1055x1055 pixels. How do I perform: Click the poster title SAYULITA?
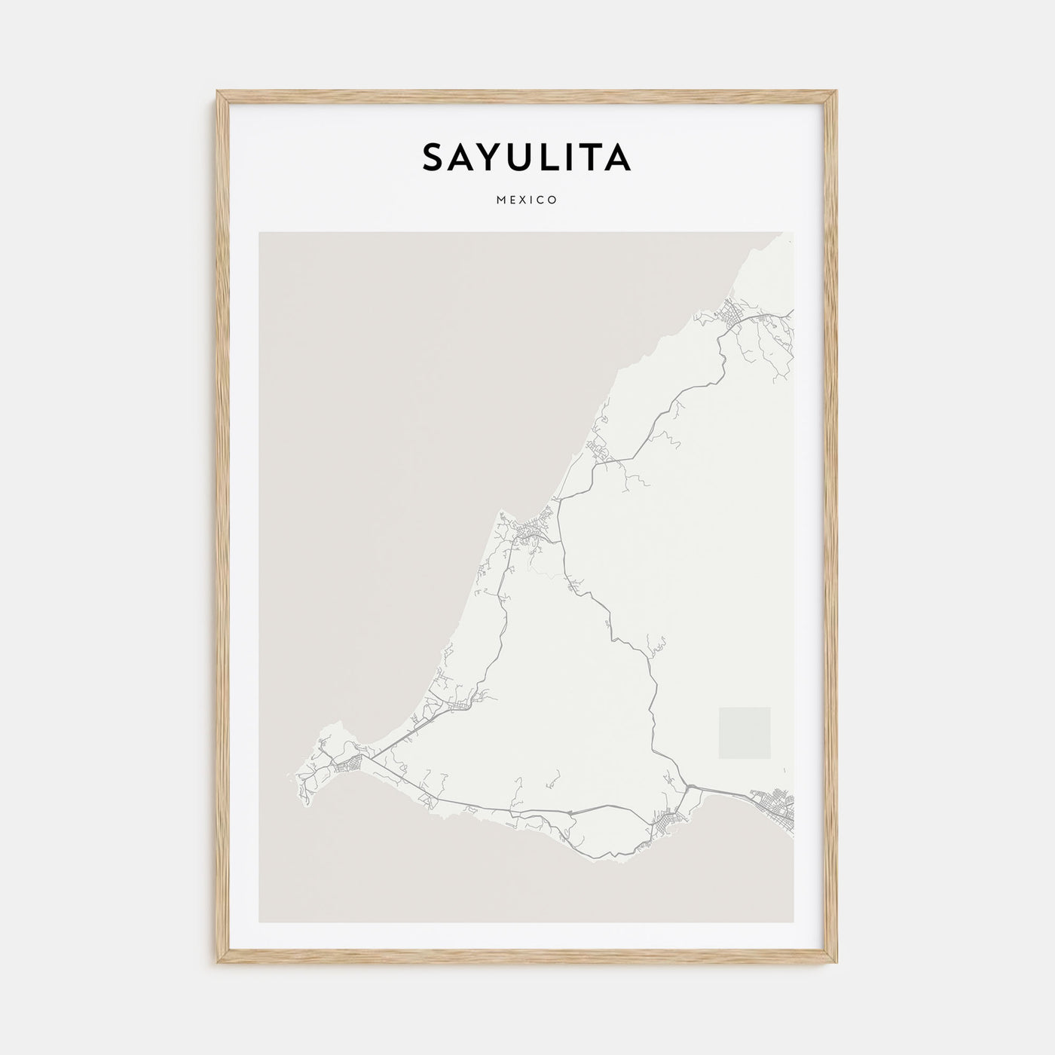click(527, 157)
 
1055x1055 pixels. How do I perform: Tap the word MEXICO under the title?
click(527, 200)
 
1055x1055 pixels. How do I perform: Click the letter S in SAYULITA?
click(434, 157)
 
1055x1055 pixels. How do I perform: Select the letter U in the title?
click(521, 157)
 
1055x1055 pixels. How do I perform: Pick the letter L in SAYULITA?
click(549, 157)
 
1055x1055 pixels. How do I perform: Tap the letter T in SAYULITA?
click(590, 157)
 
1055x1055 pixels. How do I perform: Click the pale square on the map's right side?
click(745, 732)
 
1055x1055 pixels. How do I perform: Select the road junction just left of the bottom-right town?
click(689, 787)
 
